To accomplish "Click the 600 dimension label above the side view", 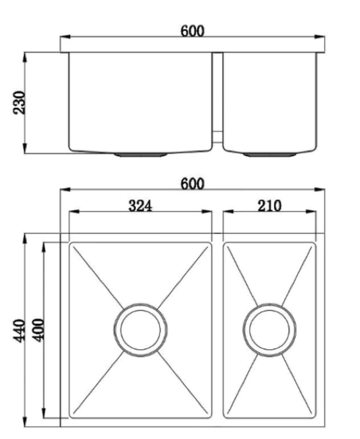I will (x=192, y=31).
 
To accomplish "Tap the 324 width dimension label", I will (x=140, y=206).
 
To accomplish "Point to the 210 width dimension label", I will (x=269, y=206).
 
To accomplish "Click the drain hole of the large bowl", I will (x=140, y=330).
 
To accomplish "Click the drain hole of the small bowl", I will (x=269, y=330).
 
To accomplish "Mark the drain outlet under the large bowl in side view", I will (x=140, y=155).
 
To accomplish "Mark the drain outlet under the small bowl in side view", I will (x=270, y=155).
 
